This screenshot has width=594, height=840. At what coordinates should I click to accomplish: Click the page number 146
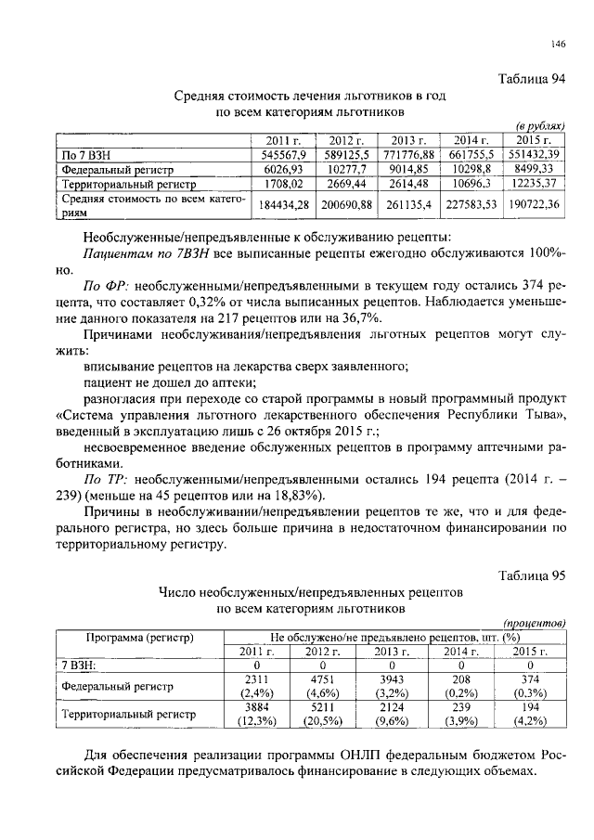(x=557, y=43)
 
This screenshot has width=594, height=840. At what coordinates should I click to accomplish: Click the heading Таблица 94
(x=532, y=79)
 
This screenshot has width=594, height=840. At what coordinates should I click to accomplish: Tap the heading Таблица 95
(x=532, y=575)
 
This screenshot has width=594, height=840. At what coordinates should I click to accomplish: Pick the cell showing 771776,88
(x=410, y=154)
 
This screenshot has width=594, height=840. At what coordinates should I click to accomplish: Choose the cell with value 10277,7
(x=346, y=169)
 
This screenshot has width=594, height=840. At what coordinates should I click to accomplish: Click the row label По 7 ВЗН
(x=83, y=154)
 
